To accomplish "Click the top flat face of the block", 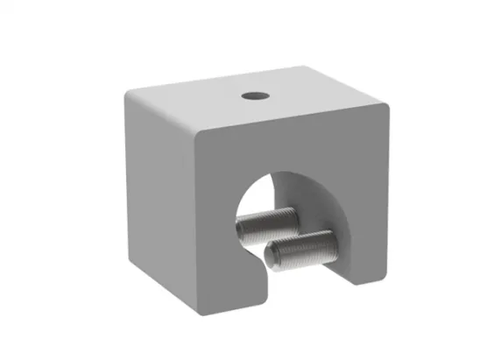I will (254, 101).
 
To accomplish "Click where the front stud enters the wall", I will (331, 236).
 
